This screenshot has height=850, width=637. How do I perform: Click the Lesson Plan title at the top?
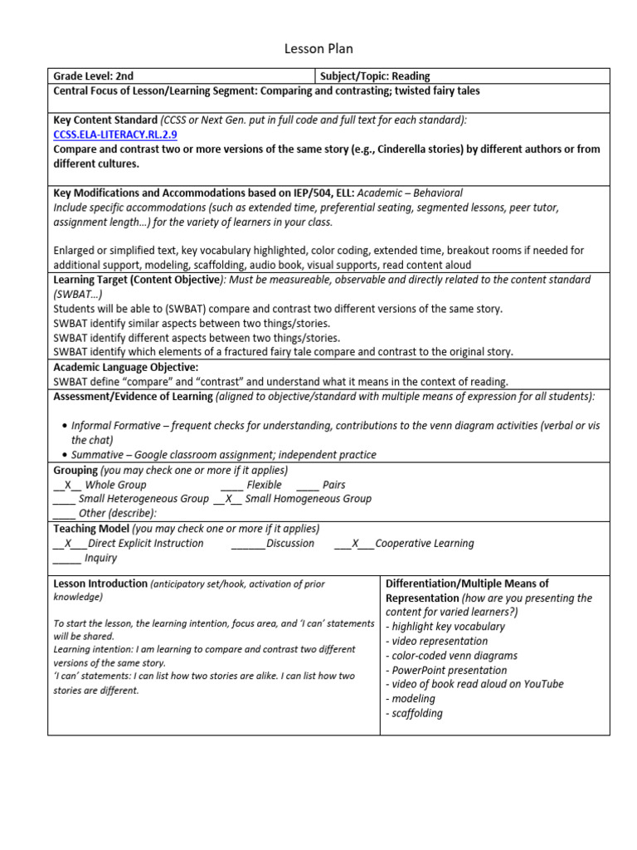(318, 49)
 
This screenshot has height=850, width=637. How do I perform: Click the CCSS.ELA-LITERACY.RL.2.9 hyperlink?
(115, 134)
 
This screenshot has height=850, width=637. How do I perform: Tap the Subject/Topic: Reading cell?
(375, 76)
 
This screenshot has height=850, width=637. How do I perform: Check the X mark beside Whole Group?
(68, 485)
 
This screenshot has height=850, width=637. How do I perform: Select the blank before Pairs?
(307, 485)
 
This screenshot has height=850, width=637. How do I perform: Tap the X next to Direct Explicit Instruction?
(70, 544)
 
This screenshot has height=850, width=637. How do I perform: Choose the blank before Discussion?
(247, 544)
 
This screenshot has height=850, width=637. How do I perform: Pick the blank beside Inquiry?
(66, 559)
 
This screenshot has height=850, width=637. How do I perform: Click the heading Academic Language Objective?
(126, 367)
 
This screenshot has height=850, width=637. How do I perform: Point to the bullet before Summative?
(65, 456)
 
